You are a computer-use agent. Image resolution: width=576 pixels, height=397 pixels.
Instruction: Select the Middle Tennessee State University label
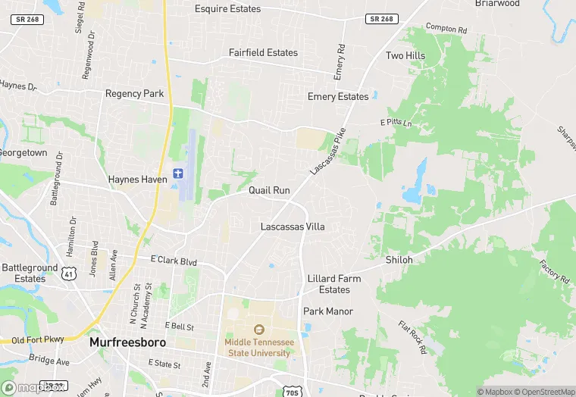coord(258,347)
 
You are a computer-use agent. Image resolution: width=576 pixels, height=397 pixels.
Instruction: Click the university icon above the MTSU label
coord(258,330)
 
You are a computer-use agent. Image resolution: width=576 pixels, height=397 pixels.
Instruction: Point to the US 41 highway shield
coord(68,272)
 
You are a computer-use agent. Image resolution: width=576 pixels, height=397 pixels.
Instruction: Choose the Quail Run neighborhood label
coord(270,190)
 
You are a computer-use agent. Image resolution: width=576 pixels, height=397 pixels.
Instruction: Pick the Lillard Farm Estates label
coord(334,284)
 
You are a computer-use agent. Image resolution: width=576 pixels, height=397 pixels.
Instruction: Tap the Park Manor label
coord(328,311)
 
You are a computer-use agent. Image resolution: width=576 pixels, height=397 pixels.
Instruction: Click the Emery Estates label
coord(338,96)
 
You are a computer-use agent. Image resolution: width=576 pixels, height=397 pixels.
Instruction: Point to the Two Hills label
coord(405,56)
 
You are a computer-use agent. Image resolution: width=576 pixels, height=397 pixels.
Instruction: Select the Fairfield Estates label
coord(263,53)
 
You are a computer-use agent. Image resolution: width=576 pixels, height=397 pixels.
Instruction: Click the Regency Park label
coord(134,94)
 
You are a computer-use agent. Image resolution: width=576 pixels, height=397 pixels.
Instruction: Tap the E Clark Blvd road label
coord(173,262)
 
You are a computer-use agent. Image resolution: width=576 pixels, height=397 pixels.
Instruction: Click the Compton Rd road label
coord(446,28)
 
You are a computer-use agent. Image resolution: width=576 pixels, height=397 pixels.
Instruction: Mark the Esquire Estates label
coord(227,9)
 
